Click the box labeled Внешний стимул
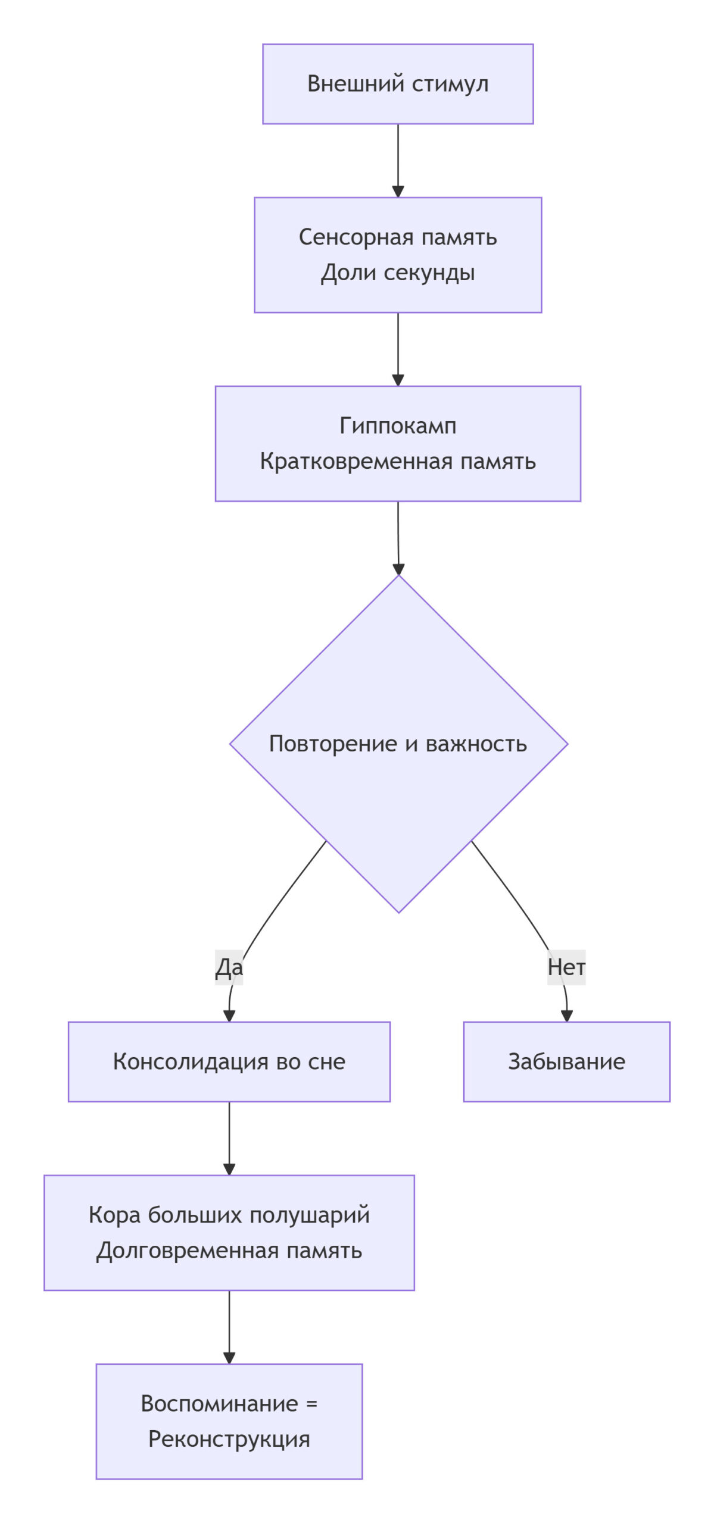[398, 84]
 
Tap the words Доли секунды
[398, 272]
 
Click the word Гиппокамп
[398, 426]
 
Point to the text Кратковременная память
[398, 462]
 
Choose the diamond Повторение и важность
[398, 744]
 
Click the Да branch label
[229, 967]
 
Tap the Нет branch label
[566, 967]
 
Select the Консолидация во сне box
[229, 1062]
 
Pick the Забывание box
[566, 1062]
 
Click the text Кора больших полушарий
[229, 1215]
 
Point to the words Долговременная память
[229, 1251]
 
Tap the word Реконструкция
[229, 1440]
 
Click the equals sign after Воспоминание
[311, 1404]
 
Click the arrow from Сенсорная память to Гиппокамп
[398, 349]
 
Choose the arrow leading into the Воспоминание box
[229, 1327]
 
